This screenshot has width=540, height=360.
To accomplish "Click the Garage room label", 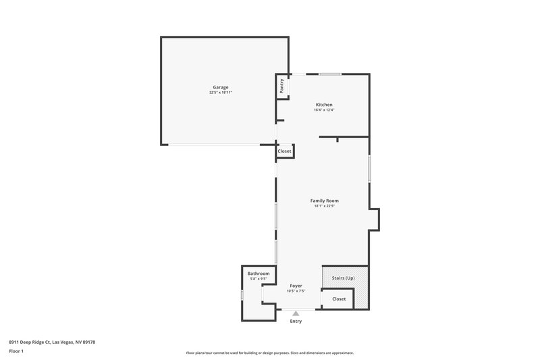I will [221, 87].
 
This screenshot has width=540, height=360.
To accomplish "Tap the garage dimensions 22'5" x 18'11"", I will [221, 93].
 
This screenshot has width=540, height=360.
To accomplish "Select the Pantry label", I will [281, 86].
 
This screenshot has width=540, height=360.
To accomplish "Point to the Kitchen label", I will [324, 105].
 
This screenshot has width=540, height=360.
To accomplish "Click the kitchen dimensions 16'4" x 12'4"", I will [324, 110].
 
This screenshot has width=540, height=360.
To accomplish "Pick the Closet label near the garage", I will [284, 151].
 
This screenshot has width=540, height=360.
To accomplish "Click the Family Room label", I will [324, 201].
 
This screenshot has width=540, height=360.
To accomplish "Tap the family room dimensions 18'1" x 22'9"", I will [324, 206].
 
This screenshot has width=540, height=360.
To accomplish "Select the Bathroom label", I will [259, 274].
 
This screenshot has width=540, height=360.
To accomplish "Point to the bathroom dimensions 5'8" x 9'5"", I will [259, 279].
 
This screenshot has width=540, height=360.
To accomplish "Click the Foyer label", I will [296, 286].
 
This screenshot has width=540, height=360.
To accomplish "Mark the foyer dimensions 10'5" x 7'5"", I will [296, 292].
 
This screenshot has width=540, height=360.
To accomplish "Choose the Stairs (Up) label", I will [344, 278].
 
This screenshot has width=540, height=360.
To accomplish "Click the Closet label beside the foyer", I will [339, 299].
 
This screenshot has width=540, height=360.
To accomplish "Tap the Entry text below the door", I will [296, 321].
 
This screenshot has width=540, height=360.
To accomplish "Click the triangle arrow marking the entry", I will [296, 313].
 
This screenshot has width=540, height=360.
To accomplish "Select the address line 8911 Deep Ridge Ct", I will [52, 342].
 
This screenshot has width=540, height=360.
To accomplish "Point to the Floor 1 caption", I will [17, 352].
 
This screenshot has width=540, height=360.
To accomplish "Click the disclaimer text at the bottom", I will [270, 353].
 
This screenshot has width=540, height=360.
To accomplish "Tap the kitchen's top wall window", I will [329, 74].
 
